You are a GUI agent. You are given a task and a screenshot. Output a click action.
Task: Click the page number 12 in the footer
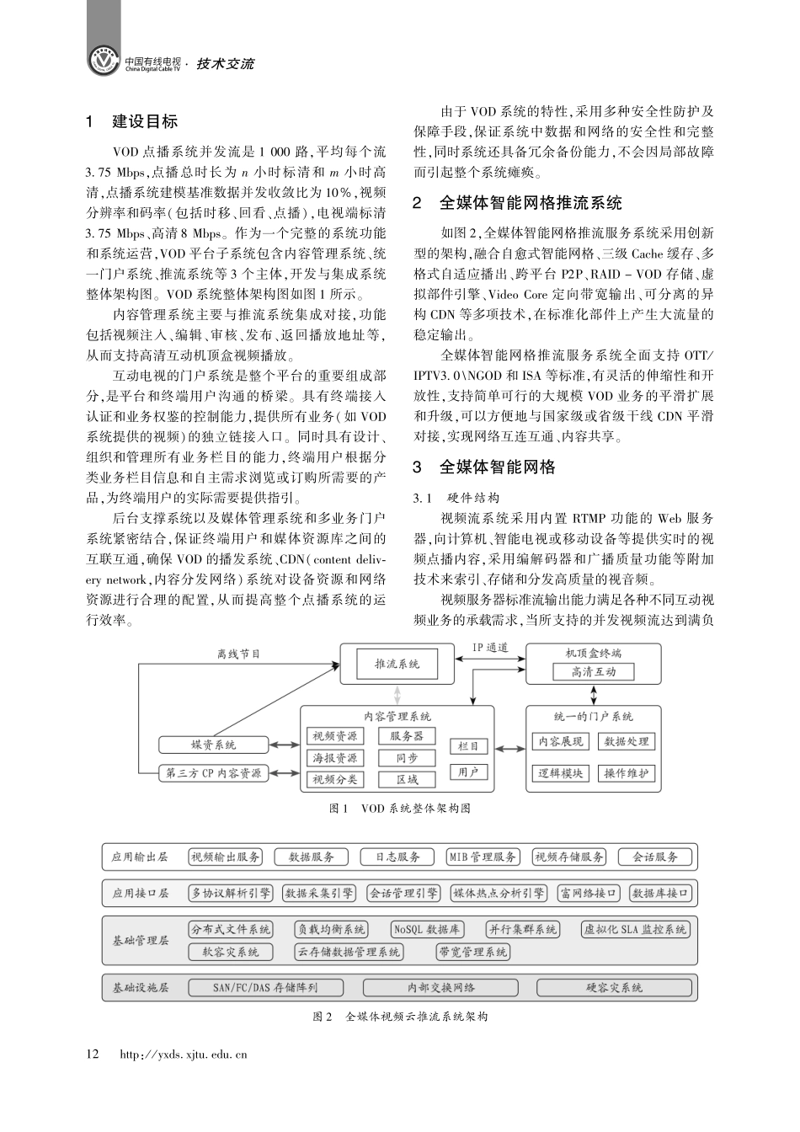tap(93, 1054)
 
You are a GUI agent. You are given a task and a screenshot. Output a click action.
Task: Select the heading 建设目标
tap(145, 121)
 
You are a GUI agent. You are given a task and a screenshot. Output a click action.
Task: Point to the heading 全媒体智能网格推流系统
tap(531, 203)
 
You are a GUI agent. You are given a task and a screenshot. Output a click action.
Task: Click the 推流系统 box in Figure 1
tap(397, 664)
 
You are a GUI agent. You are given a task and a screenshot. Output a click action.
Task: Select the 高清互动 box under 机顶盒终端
tap(594, 671)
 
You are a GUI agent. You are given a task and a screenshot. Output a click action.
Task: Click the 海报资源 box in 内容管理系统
tap(334, 758)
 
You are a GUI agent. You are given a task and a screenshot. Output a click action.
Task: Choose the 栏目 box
tap(468, 745)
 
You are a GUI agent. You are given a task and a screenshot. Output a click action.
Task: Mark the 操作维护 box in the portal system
tap(627, 773)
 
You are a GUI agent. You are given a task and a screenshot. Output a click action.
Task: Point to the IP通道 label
tap(489, 648)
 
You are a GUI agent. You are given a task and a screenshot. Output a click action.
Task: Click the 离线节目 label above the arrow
tap(238, 654)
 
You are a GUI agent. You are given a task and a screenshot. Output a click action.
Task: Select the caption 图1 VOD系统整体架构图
tap(399, 809)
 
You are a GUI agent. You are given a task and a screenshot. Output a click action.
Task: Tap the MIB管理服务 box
tap(483, 857)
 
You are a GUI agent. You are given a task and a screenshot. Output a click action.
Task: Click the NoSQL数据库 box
tap(427, 929)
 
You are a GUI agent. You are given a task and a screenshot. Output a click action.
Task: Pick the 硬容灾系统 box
tap(614, 987)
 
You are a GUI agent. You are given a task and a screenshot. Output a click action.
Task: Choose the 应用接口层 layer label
tap(141, 893)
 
